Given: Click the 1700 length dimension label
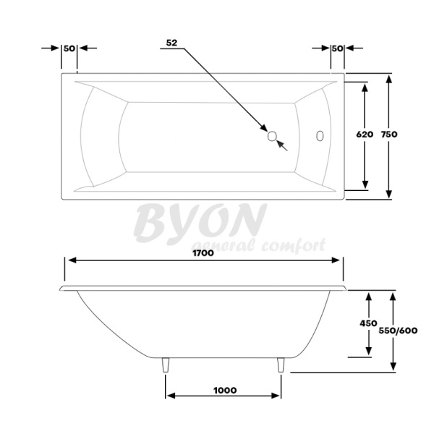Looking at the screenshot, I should click(203, 252).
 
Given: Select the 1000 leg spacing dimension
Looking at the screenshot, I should click(225, 390).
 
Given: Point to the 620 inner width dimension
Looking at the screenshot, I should click(365, 135).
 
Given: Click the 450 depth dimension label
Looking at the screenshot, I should click(369, 324).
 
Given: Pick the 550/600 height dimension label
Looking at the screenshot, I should click(398, 330).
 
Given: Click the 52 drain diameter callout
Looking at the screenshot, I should click(171, 43).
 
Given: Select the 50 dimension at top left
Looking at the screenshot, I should click(69, 48).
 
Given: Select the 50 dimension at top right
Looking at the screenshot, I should click(336, 48).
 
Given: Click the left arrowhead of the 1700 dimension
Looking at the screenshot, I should click(71, 261).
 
